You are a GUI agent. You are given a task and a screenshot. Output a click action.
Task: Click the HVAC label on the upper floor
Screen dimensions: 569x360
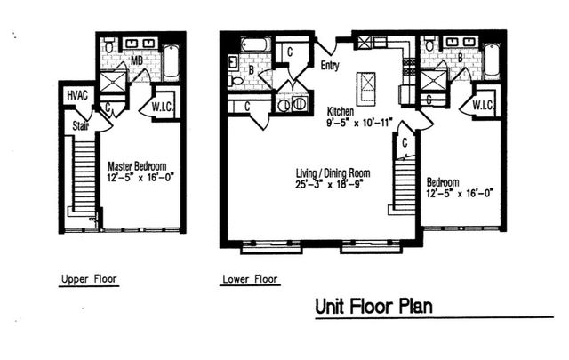[77, 95]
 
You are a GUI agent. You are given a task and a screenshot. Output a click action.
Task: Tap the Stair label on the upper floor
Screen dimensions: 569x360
[81, 126]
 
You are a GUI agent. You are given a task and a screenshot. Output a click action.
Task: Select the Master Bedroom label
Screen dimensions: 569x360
[137, 166]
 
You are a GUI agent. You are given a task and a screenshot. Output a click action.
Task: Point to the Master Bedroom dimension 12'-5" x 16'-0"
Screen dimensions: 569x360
[140, 178]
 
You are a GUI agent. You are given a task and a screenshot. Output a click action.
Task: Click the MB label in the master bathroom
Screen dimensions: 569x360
[137, 60]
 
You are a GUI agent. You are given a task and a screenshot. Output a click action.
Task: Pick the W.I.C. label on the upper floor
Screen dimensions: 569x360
[162, 107]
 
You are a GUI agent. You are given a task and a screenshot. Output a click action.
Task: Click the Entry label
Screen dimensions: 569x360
[330, 66]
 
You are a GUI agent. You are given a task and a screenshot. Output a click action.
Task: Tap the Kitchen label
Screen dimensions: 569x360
[341, 111]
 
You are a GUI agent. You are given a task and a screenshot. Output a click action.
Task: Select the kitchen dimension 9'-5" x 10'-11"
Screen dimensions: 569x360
[359, 123]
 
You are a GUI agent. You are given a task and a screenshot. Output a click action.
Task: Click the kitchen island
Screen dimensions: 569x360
[365, 88]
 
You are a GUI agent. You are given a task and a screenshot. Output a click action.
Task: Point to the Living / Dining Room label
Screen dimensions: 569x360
[333, 172]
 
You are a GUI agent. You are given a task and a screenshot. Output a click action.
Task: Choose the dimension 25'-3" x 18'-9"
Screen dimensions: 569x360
[330, 184]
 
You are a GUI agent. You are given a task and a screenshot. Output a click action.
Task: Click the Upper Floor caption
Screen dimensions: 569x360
[89, 279]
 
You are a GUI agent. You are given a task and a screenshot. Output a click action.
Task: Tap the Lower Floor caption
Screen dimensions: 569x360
[250, 279]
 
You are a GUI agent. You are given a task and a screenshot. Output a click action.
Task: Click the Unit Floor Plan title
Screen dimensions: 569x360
[373, 307]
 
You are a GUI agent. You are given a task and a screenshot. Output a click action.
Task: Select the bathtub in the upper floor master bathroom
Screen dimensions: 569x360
[172, 62]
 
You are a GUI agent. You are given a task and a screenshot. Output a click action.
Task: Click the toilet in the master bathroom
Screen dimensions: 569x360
[109, 45]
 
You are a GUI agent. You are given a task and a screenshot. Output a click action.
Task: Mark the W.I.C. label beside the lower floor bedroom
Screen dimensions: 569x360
[483, 106]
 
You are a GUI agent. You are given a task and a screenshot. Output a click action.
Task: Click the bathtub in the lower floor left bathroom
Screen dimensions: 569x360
[256, 45]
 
